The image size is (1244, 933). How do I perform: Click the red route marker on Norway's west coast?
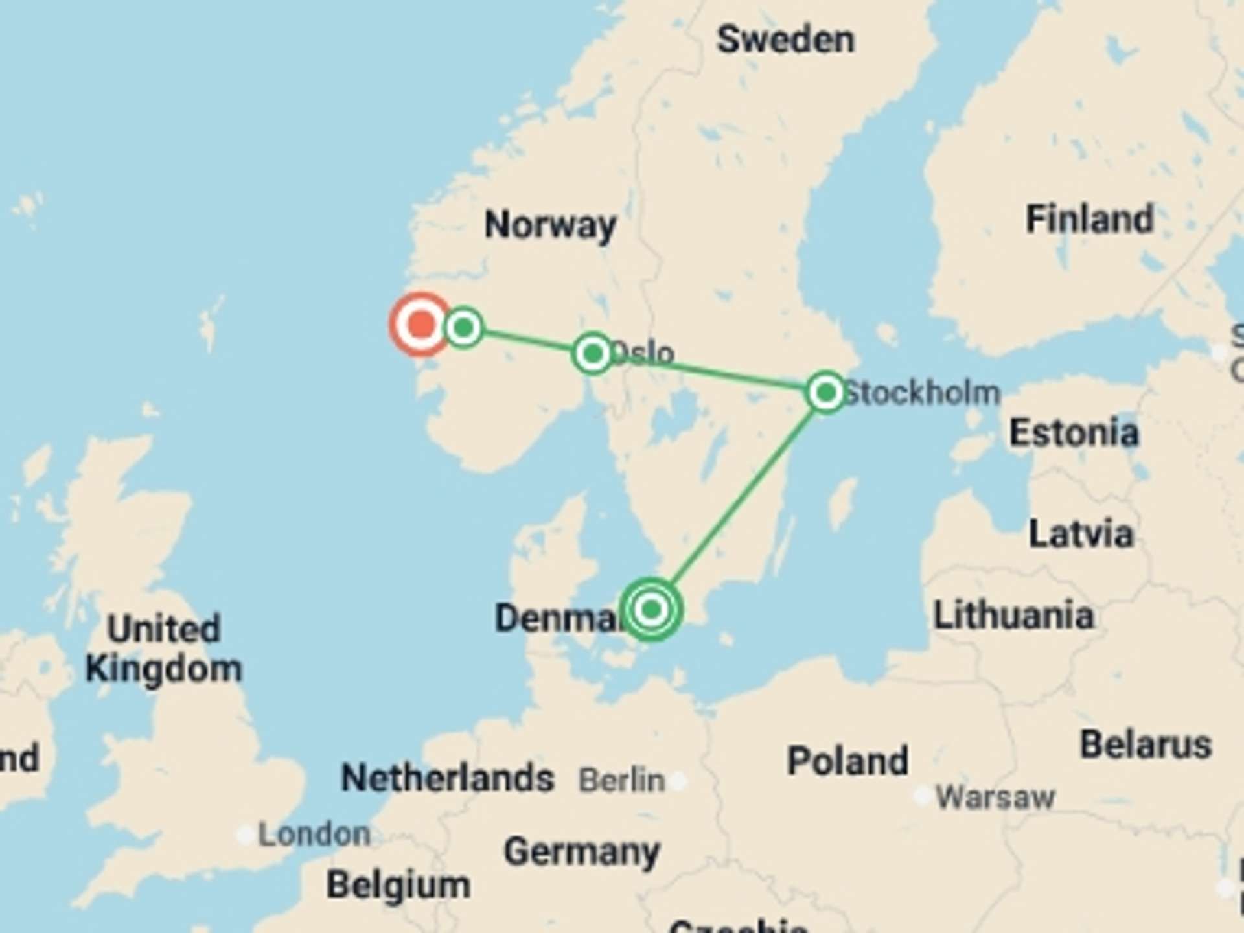click(x=421, y=323)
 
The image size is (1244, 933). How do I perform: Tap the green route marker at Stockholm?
click(x=825, y=392)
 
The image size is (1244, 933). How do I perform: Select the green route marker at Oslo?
click(x=593, y=353)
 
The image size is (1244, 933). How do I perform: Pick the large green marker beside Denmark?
click(x=651, y=609)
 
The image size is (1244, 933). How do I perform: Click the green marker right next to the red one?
click(x=464, y=327)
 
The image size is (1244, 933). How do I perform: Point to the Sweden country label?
click(x=785, y=40)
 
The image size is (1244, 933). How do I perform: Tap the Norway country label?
click(x=551, y=225)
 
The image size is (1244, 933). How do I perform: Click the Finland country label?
click(x=1089, y=219)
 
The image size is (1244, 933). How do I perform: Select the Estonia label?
click(x=1074, y=433)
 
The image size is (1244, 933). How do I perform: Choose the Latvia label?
click(x=1081, y=535)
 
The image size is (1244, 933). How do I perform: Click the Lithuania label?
click(x=1013, y=615)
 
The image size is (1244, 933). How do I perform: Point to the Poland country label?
click(x=847, y=761)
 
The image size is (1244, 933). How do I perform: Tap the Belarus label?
click(x=1146, y=744)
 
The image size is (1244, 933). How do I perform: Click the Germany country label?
click(x=582, y=851)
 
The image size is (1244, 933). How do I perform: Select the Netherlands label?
click(x=447, y=777)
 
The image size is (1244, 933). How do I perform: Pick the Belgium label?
click(x=398, y=884)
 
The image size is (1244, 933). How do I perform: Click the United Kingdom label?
click(x=164, y=649)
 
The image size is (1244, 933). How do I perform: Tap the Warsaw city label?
click(x=995, y=797)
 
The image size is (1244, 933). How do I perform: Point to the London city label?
click(x=314, y=835)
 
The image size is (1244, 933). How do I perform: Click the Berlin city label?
click(x=622, y=780)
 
